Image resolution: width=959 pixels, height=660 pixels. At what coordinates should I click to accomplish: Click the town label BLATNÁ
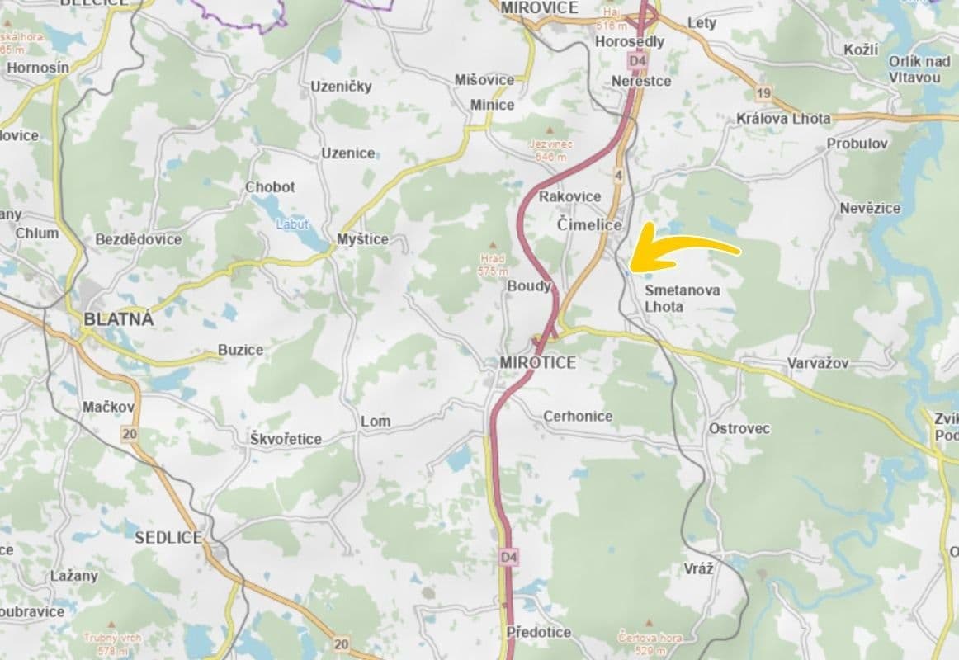118,319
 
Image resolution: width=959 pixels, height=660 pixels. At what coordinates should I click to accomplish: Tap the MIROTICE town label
537,362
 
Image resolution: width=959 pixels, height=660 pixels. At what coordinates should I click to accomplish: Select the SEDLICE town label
168,537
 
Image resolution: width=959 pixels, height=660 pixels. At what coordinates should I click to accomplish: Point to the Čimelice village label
589,225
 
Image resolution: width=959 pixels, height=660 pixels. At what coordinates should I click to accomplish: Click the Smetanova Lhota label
682,298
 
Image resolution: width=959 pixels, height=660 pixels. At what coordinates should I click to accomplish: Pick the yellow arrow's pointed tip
631,265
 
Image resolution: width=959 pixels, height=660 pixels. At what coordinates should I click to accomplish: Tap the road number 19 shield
764,92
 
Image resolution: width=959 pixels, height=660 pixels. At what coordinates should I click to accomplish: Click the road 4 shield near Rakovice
618,175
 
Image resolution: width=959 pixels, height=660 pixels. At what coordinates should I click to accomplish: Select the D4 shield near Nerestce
635,61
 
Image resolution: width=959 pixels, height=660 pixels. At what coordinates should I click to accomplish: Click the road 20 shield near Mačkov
129,433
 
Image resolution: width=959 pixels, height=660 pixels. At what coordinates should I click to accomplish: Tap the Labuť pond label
293,224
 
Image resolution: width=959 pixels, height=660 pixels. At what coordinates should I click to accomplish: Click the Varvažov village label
817,363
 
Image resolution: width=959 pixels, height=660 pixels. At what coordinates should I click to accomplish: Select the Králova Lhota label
783,119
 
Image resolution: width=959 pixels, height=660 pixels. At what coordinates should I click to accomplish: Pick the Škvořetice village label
286,439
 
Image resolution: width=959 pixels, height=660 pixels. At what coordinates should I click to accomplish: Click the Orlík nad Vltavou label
919,68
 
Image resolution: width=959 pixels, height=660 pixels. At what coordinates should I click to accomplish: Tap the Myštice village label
362,239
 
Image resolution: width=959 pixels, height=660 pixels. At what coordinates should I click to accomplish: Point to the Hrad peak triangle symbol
494,245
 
